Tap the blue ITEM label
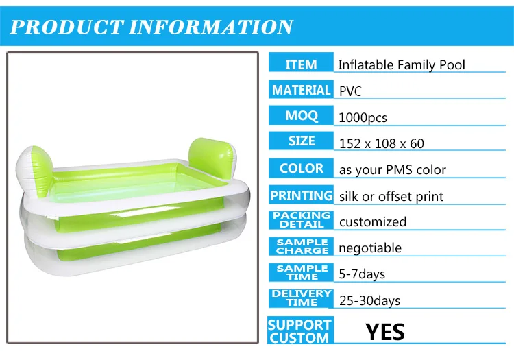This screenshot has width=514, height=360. tap(301, 64)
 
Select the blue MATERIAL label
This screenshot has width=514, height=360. tap(301, 90)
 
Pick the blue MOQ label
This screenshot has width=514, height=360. tap(301, 116)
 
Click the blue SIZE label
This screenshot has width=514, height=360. tap(301, 141)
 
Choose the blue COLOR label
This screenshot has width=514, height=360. tap(301, 168)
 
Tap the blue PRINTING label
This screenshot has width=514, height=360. tap(301, 195)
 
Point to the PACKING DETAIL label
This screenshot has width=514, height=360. tap(301, 220)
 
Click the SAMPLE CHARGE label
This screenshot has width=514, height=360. tap(301, 247)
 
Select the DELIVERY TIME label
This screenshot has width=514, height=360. tap(301, 298)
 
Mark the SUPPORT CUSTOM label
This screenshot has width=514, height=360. tap(299, 331)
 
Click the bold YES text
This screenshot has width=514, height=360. tap(385, 332)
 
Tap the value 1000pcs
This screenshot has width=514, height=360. tap(363, 118)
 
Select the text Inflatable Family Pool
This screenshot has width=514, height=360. tap(402, 65)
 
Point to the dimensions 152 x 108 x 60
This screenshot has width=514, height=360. tap(382, 143)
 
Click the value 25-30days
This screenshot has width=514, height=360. tap(370, 300)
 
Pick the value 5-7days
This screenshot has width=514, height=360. tap(363, 274)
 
